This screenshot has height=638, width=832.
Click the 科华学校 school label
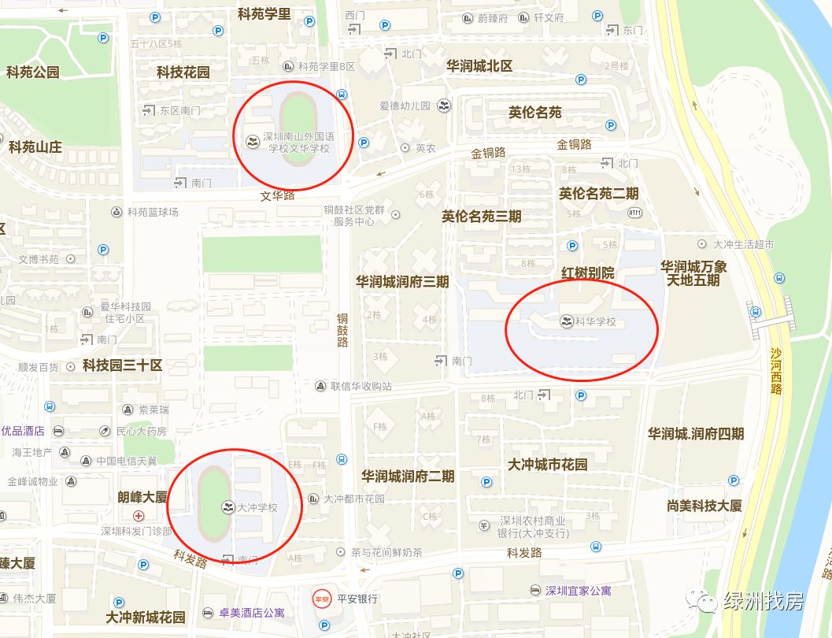click(595, 321)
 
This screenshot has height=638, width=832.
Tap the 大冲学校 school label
click(257, 507)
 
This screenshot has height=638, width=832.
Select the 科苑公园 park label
click(33, 72)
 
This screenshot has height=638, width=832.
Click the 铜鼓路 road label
click(342, 331)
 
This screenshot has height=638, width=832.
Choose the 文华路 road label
click(277, 195)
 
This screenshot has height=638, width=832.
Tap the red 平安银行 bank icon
click(321, 599)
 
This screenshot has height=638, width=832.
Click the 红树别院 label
click(587, 273)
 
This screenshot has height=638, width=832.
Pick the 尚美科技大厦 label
click(704, 506)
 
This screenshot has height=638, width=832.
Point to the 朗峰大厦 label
click(142, 497)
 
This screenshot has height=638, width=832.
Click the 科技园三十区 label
click(122, 365)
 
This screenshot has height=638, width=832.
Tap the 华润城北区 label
click(479, 66)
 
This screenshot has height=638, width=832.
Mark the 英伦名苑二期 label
click(598, 193)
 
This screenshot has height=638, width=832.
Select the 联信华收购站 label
click(361, 386)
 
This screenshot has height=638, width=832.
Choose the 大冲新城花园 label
click(146, 618)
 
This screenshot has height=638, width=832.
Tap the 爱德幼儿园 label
click(405, 106)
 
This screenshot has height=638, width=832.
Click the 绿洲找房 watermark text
click(764, 603)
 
